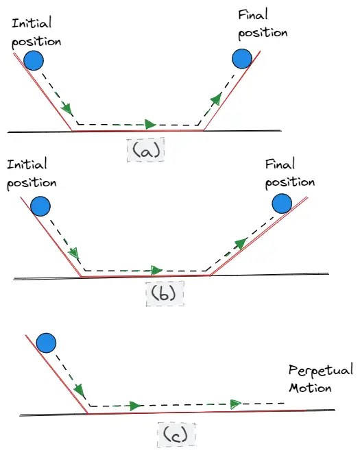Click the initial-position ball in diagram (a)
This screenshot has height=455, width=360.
34,62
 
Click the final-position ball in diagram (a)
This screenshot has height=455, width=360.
241,59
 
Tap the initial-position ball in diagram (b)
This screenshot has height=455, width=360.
40,206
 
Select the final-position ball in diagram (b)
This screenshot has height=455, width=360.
282,204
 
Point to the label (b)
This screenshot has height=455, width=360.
165,294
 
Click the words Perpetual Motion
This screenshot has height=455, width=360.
320,379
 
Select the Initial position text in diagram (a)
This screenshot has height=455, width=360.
36,32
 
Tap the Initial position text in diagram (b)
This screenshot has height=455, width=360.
31,174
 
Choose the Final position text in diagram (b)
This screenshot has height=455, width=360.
290,174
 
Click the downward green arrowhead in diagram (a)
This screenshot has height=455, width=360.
67,109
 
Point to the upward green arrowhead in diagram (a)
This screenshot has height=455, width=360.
216,99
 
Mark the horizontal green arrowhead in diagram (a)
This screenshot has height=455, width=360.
150,125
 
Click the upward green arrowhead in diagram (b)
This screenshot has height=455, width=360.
240,243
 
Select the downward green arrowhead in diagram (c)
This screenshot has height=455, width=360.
80,391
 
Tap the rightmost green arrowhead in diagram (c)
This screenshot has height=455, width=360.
237,403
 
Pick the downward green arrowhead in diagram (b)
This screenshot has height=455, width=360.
73,254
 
